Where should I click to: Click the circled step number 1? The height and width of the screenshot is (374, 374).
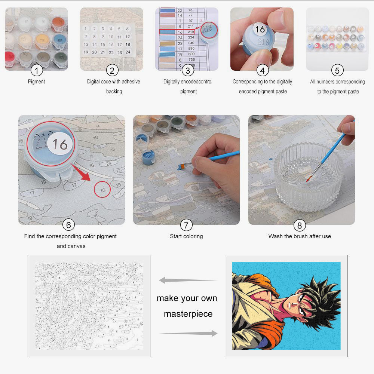click(36, 70)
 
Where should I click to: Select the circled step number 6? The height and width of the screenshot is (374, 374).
click(68, 225)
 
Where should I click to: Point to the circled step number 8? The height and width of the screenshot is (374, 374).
click(299, 225)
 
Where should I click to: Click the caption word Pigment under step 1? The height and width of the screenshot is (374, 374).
click(36, 81)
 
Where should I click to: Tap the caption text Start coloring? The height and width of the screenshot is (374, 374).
click(186, 236)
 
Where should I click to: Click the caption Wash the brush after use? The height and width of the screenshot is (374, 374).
click(300, 236)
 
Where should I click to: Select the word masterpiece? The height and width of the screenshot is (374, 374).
click(188, 314)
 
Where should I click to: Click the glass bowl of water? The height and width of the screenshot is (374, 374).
click(308, 180)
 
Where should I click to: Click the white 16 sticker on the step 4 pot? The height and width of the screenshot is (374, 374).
click(260, 29)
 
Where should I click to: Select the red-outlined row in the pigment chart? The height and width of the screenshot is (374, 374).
click(177, 32)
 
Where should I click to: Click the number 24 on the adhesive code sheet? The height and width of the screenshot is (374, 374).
click(128, 52)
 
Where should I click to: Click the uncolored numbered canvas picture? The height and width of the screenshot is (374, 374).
click(89, 306)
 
